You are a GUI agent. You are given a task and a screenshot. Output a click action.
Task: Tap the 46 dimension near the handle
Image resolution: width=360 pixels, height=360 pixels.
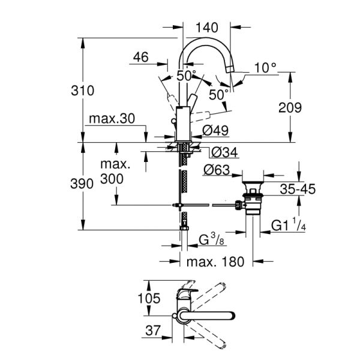pos(140,58)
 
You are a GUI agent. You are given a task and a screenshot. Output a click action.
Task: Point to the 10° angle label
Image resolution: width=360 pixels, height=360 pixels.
pos(266,68)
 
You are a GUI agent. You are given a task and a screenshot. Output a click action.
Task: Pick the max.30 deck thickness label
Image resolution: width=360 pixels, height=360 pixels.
pos(112,119)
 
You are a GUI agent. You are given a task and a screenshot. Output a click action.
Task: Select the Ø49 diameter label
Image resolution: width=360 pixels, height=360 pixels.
pos(214,130)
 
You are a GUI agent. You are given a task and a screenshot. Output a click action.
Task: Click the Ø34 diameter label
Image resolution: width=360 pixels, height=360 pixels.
pos(223,153)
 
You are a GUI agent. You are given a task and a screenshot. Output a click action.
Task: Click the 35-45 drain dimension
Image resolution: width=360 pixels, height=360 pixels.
pos(298,190)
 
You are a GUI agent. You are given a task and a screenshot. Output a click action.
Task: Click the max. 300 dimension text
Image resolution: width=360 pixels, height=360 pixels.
pos(115,171)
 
